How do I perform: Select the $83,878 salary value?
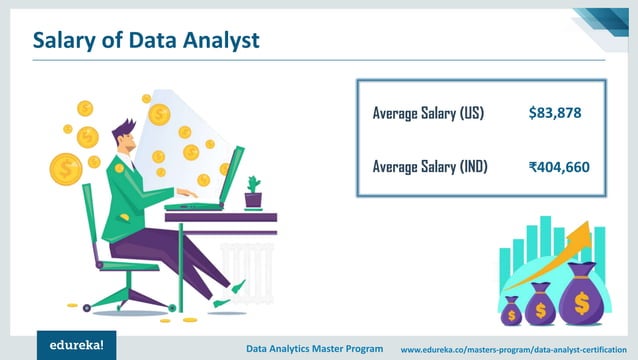554,113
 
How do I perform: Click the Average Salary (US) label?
428,113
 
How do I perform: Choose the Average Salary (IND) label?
430,166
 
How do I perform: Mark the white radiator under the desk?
240,259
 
